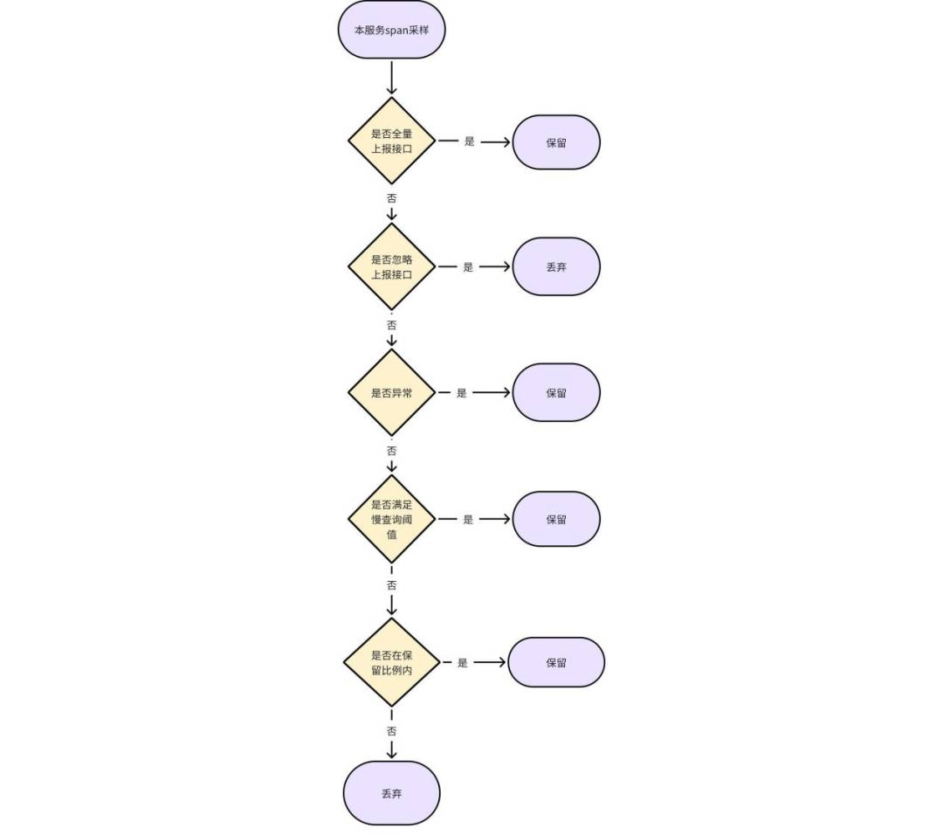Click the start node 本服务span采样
(391, 30)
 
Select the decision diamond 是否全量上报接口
(391, 141)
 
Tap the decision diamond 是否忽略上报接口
(391, 266)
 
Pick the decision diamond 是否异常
(391, 392)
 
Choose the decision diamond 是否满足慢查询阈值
(391, 519)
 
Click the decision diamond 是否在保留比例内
(391, 662)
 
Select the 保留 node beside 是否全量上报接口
(556, 142)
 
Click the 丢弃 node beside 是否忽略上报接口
(556, 266)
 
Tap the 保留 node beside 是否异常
(556, 392)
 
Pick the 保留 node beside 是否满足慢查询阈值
(556, 519)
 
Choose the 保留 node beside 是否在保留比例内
(556, 662)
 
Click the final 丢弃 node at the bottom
(391, 793)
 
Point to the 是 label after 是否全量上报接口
(469, 142)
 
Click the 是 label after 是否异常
(461, 393)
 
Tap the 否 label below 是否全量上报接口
(391, 198)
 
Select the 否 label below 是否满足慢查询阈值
(391, 585)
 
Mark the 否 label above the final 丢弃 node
(391, 731)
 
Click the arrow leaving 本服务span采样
(391, 78)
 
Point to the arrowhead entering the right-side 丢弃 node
(506, 266)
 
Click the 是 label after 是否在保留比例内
(462, 663)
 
